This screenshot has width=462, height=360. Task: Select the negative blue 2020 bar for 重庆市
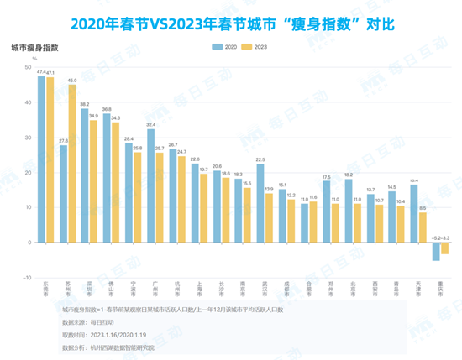(435, 251)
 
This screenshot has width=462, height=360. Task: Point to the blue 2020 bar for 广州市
(150, 185)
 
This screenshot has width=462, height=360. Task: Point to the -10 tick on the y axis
(27, 277)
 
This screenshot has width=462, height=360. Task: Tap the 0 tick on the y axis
(29, 243)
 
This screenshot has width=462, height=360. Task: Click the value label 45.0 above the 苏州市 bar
(72, 81)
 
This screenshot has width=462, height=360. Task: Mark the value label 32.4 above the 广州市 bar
(150, 124)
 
